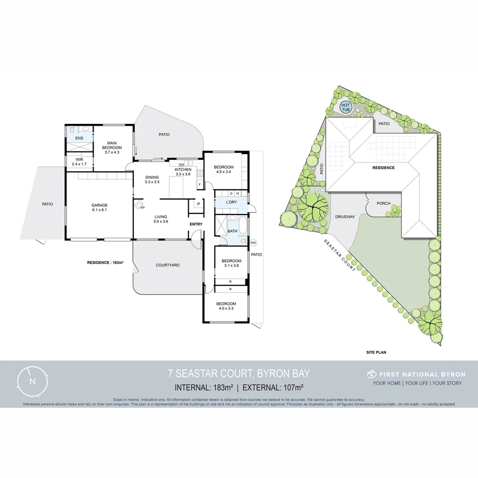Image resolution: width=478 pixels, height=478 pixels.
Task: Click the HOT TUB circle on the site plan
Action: [345, 107]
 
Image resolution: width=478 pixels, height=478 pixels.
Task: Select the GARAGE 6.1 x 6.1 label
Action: [100, 208]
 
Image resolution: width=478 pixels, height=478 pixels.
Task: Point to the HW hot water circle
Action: [254, 243]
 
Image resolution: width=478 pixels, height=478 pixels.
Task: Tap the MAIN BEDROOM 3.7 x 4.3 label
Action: [112, 147]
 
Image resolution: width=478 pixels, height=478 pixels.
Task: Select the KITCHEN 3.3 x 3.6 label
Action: [183, 172]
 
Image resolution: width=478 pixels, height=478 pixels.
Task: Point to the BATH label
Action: [232, 231]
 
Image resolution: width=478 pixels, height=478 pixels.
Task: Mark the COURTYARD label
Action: [168, 265]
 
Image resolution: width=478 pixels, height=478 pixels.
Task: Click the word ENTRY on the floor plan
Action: [196, 224]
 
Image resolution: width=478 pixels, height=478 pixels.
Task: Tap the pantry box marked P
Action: [198, 204]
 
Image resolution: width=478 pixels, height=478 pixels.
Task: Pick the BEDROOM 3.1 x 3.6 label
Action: [231, 263]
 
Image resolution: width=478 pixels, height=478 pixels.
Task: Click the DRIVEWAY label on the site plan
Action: [345, 217]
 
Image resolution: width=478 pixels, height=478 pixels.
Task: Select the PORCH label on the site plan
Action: [383, 204]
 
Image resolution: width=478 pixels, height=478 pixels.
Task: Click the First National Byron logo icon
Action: [371, 374]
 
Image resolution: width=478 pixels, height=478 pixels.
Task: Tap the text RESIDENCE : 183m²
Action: [105, 262]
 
